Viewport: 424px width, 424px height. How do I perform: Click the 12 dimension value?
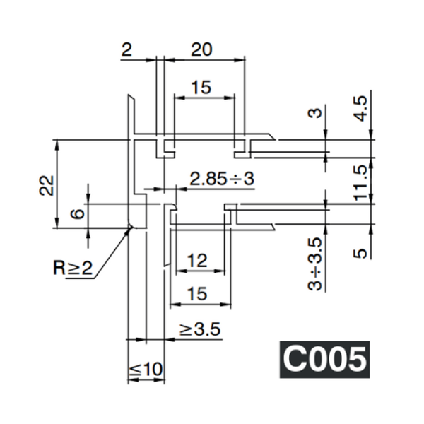point(198,261)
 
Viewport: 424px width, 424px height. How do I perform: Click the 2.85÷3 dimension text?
point(221,179)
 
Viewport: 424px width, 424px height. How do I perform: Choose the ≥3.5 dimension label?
point(200,329)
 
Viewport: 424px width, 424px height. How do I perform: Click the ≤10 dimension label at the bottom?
point(146,369)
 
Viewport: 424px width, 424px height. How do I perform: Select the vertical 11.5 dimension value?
point(361,182)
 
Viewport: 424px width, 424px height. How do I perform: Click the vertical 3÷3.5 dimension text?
point(315,264)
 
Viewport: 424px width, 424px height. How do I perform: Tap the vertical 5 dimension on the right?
point(361,252)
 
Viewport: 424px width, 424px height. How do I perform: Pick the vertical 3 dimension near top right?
point(316,113)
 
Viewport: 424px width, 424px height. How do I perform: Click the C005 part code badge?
point(324,359)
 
